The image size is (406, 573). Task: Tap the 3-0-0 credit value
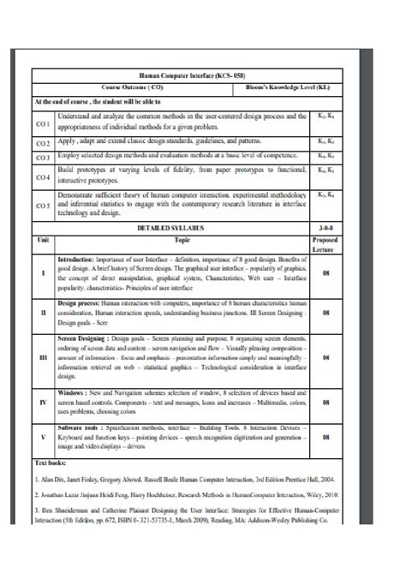[326, 230]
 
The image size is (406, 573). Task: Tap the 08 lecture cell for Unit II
[326, 314]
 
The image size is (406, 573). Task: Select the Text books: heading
[51, 463]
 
